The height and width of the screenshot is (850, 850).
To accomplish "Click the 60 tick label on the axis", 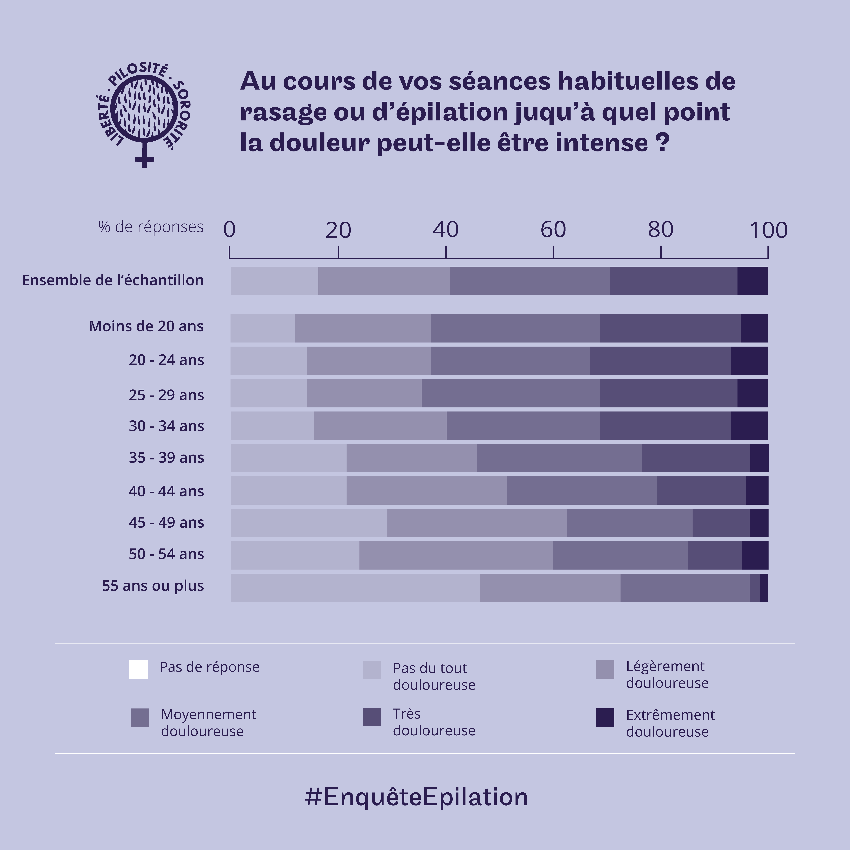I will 553,230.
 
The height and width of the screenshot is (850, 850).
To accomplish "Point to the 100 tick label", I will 768,230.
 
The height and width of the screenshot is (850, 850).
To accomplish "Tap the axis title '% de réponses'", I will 151,227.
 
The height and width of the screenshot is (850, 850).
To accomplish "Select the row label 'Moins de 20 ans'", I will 146,327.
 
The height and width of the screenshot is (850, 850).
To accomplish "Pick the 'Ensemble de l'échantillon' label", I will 113,280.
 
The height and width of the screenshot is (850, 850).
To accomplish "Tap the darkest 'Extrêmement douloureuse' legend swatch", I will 605,718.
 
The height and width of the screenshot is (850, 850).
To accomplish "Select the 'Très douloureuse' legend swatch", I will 372,717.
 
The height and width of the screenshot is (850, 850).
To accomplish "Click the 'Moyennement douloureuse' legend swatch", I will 140,718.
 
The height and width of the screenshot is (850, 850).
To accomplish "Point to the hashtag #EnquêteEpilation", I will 416,797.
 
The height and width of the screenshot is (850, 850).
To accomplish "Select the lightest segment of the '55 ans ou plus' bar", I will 355,588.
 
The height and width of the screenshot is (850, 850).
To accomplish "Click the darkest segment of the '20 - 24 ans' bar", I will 749,361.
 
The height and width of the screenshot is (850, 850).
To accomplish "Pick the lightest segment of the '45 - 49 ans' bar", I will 309,523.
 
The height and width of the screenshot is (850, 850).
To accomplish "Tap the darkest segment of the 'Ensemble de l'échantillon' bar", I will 752,281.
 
